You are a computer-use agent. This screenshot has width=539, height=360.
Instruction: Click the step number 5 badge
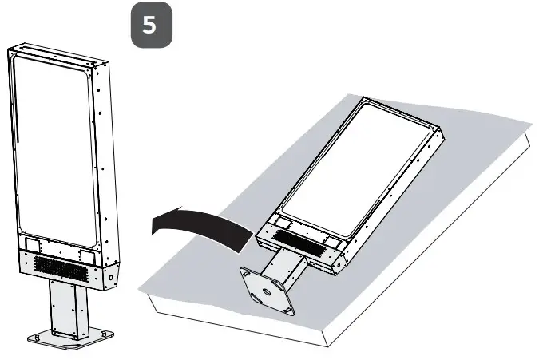coord(149,25)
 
